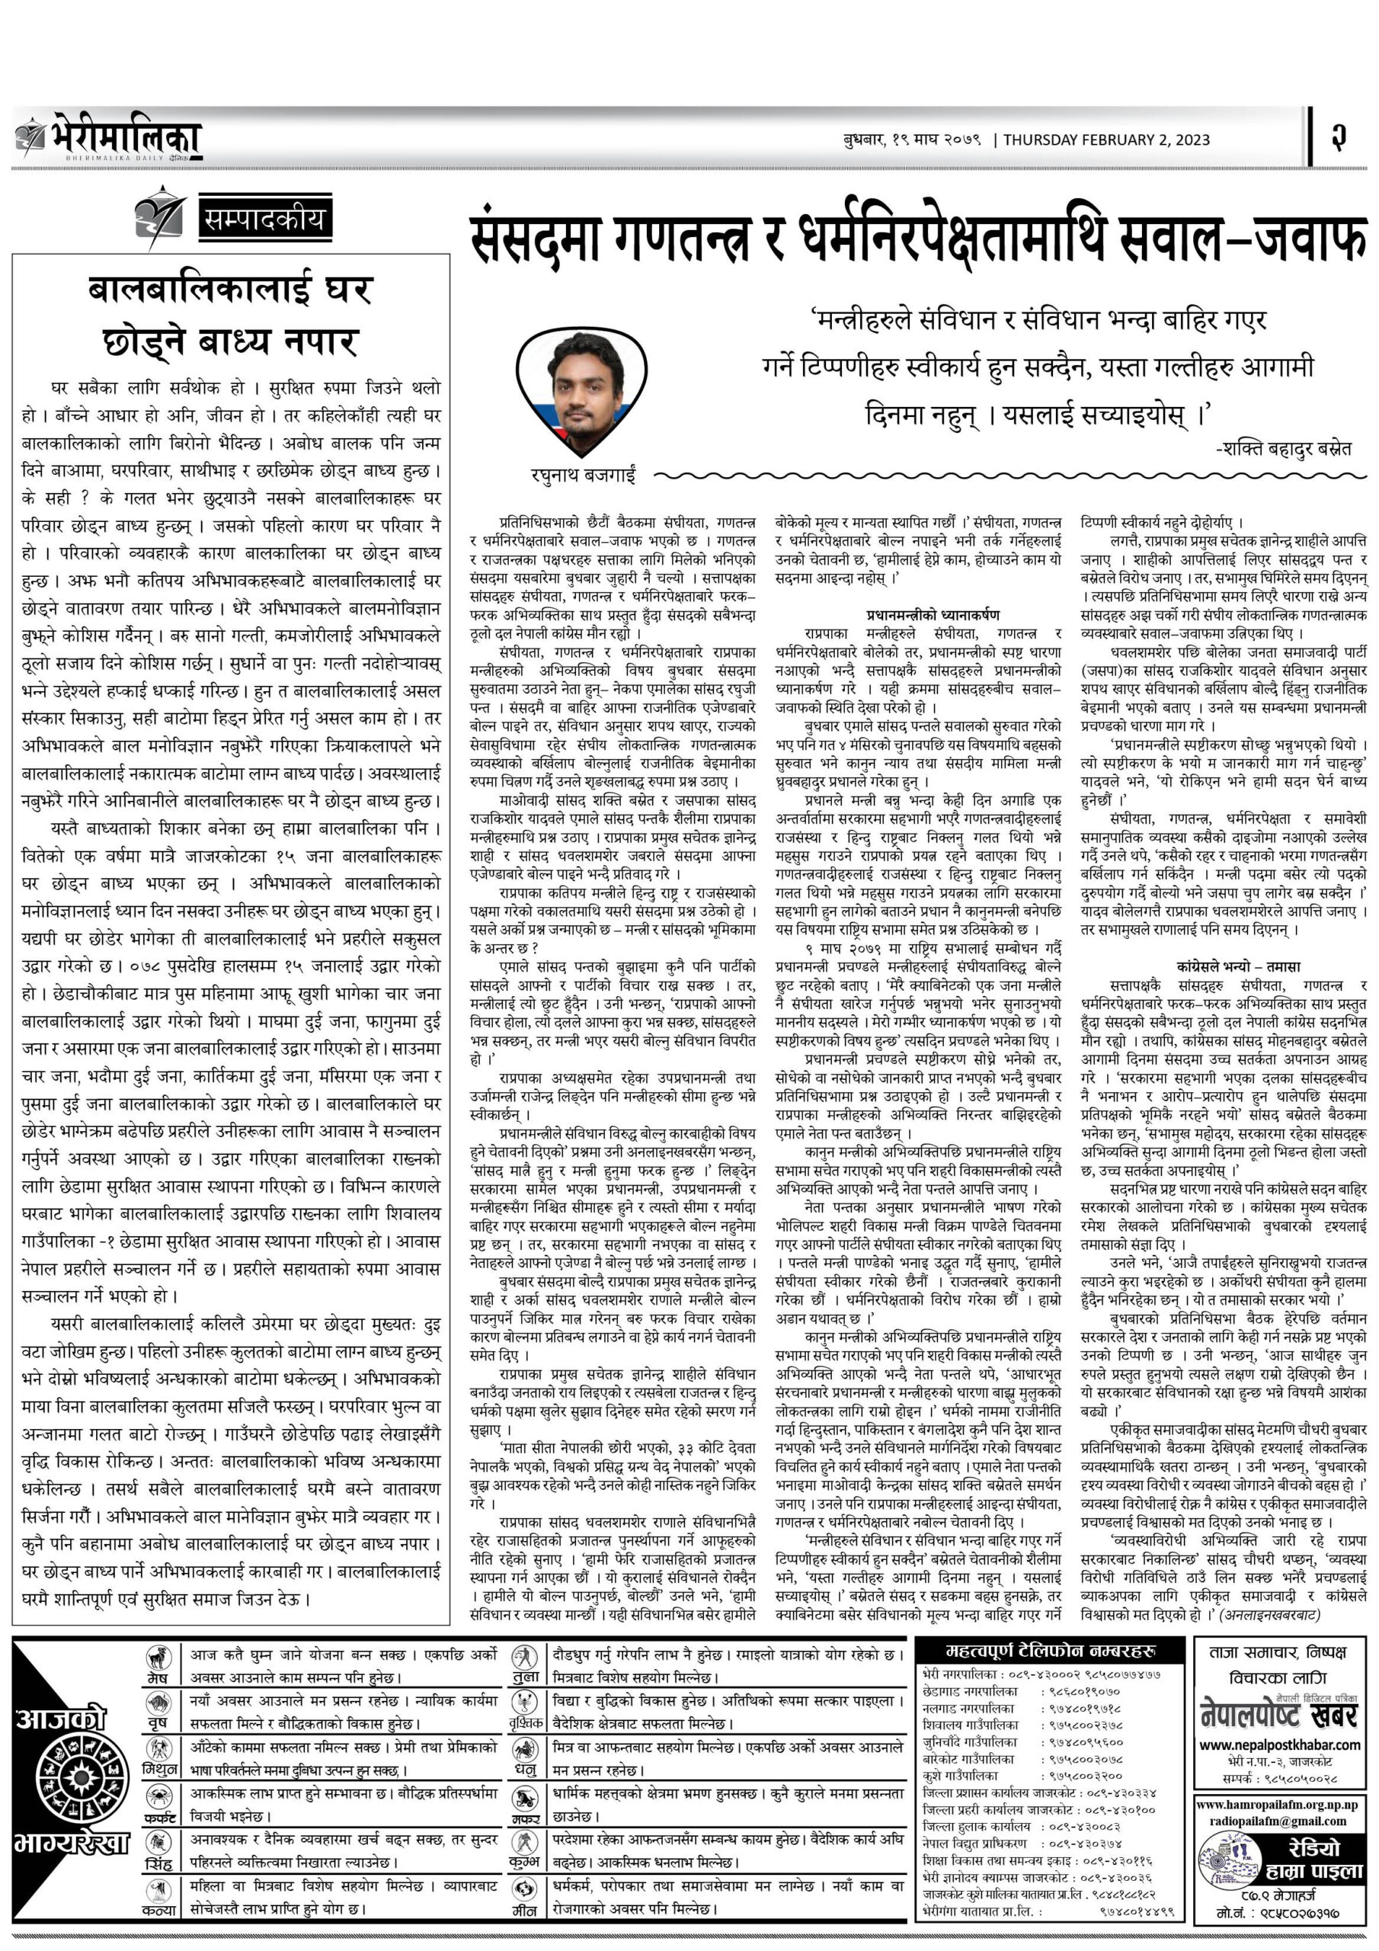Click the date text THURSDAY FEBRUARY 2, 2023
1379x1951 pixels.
coord(1106,140)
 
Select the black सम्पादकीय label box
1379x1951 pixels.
coord(263,221)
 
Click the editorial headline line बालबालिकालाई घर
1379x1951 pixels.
coord(230,290)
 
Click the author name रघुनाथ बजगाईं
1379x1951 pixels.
coord(583,477)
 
